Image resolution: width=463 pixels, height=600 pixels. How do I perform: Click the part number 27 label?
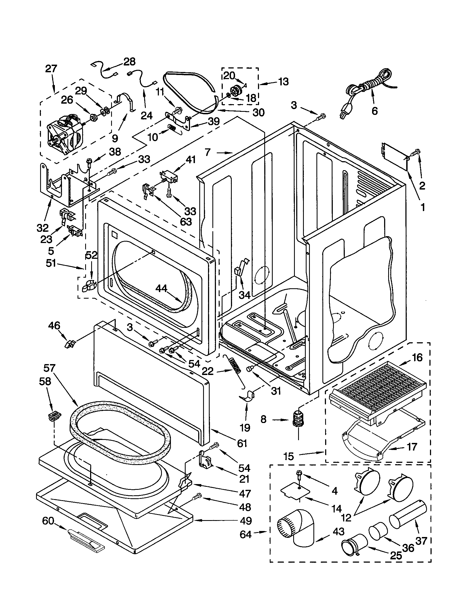click(x=51, y=68)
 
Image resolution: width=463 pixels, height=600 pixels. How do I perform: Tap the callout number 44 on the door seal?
click(x=161, y=289)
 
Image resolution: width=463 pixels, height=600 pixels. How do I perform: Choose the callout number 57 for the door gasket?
click(x=49, y=368)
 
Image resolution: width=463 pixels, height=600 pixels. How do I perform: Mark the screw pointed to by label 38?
click(x=89, y=162)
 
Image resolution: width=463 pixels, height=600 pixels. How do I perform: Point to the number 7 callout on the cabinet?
click(x=207, y=152)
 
